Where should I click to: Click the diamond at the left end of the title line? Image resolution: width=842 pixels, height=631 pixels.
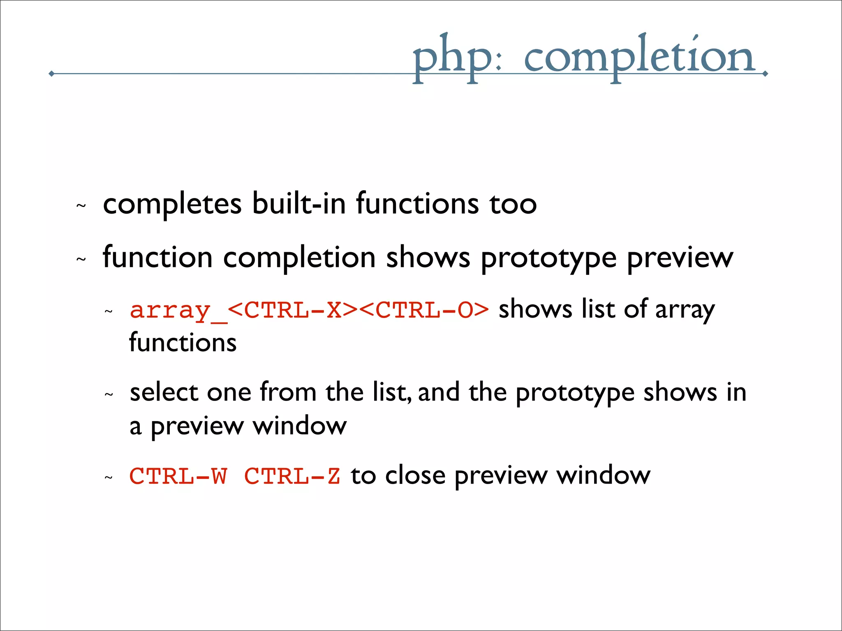pyautogui.click(x=51, y=74)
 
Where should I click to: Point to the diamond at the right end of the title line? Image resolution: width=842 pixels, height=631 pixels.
pyautogui.click(x=765, y=74)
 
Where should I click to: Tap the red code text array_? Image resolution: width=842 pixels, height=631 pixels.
pyautogui.click(x=178, y=311)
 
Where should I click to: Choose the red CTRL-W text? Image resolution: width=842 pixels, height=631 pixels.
pyautogui.click(x=178, y=476)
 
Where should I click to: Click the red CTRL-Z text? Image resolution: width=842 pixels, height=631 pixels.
pyautogui.click(x=292, y=476)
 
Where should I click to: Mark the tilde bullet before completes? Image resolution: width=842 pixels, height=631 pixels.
pyautogui.click(x=81, y=205)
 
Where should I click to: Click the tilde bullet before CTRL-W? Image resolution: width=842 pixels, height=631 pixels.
pyautogui.click(x=109, y=477)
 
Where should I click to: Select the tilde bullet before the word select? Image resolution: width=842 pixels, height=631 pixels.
pyautogui.click(x=109, y=395)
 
